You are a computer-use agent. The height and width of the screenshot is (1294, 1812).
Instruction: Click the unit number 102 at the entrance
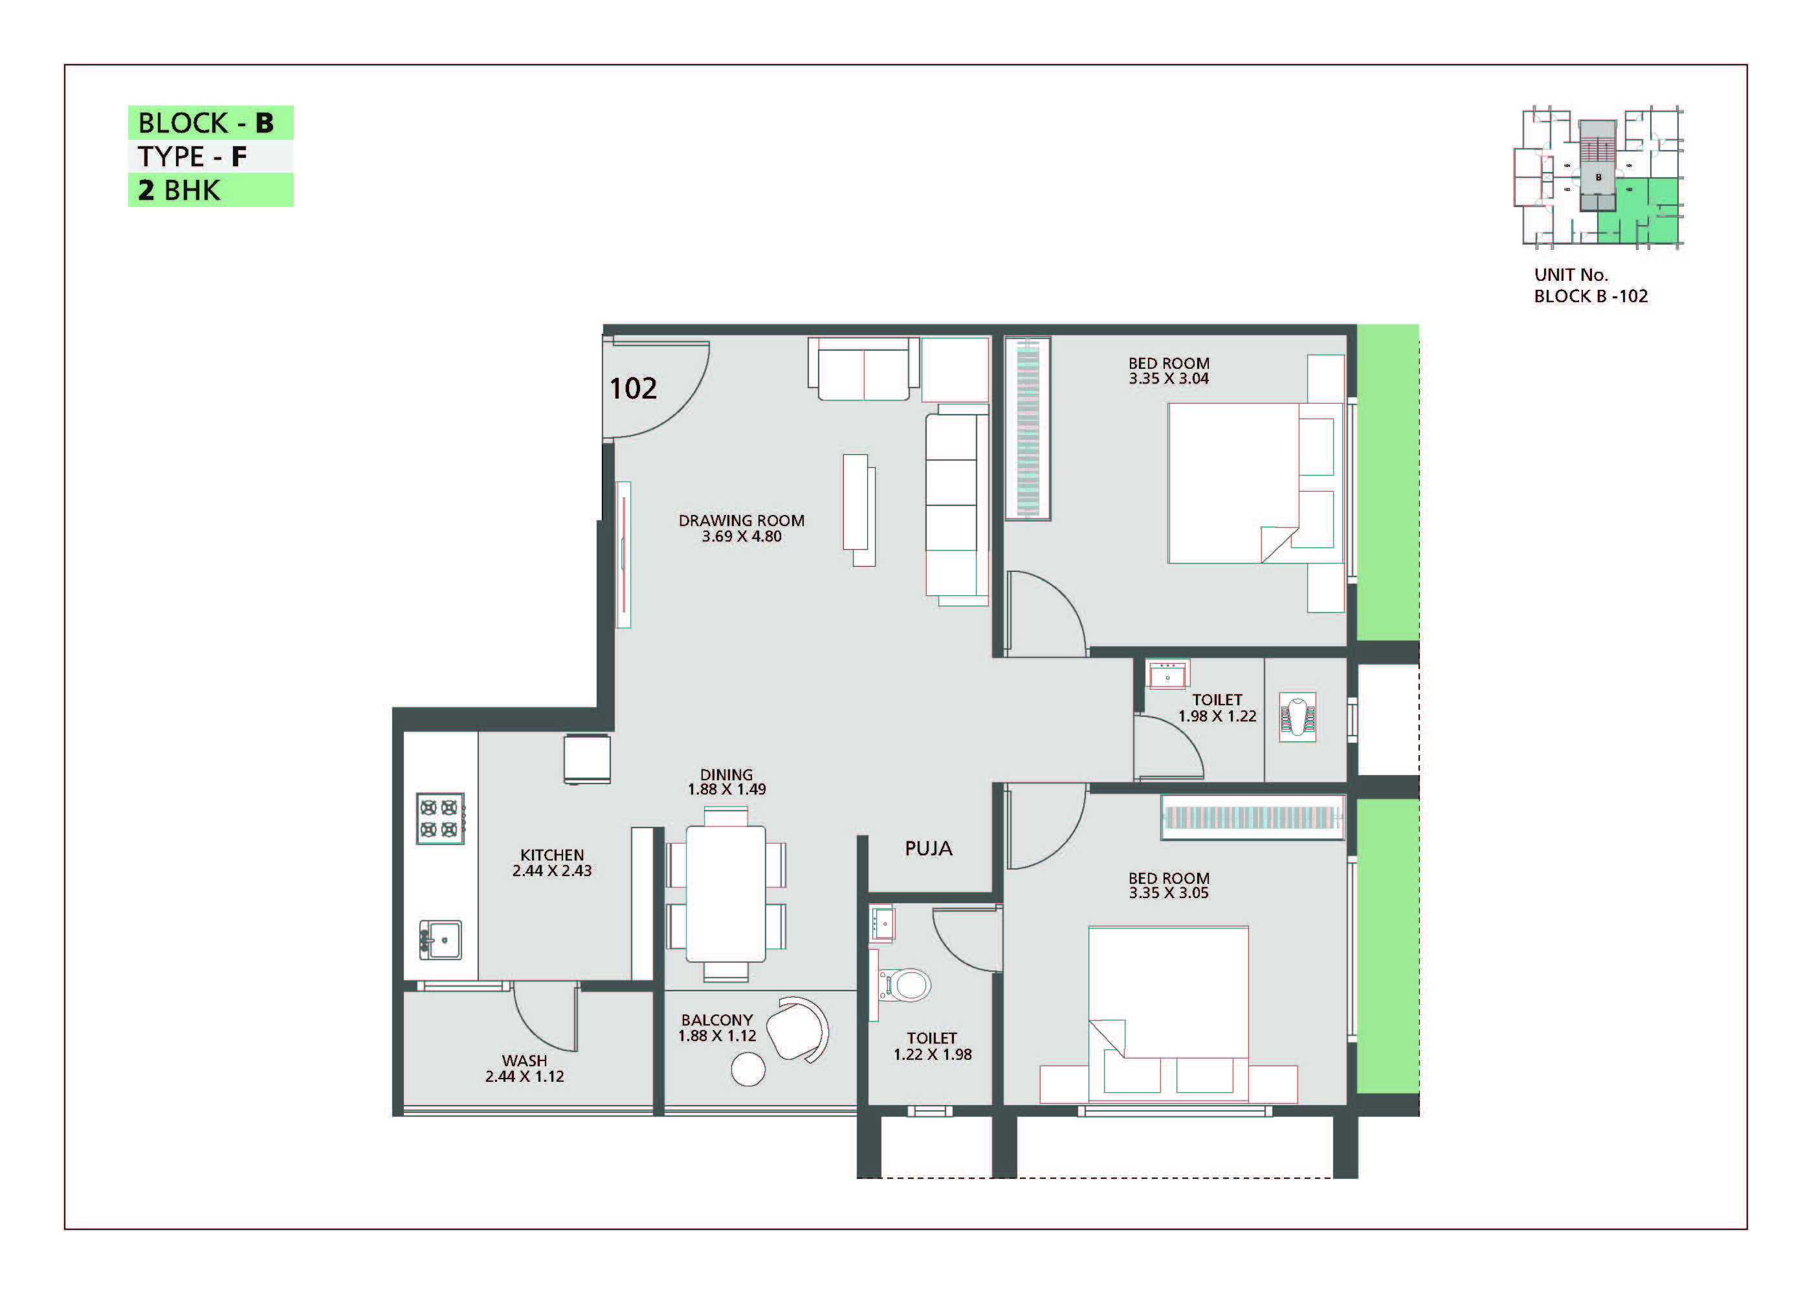click(x=633, y=388)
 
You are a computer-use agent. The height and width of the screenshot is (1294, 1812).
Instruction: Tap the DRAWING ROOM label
click(x=741, y=520)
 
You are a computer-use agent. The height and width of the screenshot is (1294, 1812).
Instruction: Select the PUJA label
click(x=928, y=849)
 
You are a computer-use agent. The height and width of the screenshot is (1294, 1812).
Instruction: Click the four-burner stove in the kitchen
click(x=440, y=818)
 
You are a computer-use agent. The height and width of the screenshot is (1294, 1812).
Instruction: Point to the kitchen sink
click(x=440, y=940)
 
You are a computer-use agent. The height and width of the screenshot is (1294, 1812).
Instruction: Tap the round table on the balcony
click(x=748, y=1069)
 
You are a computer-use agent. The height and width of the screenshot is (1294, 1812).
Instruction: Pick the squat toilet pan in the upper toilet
click(x=1298, y=716)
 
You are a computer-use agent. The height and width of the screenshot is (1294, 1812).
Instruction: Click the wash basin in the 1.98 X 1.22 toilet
click(x=1167, y=674)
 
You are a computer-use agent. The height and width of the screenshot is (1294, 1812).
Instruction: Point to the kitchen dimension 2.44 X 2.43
click(x=551, y=871)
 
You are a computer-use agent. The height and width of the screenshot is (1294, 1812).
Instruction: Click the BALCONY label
click(x=716, y=1020)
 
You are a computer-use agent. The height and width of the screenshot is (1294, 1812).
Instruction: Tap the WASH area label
click(x=524, y=1060)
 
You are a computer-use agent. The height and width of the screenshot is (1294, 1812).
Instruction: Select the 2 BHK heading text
click(x=179, y=190)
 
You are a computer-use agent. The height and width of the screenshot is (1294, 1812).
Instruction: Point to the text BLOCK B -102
click(x=1591, y=296)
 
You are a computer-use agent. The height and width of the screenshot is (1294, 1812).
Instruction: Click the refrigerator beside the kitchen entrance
click(x=586, y=760)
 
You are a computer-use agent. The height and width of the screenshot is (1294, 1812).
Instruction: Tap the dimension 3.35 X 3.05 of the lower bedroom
click(x=1168, y=894)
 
